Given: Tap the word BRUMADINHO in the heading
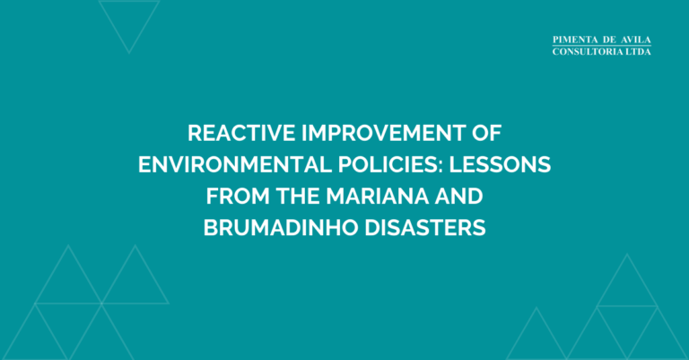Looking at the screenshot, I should click(x=278, y=228).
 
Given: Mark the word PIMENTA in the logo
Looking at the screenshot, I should click(x=577, y=40).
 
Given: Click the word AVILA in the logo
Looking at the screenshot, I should click(x=634, y=40).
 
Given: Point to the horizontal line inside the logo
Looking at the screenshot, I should click(x=602, y=46).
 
